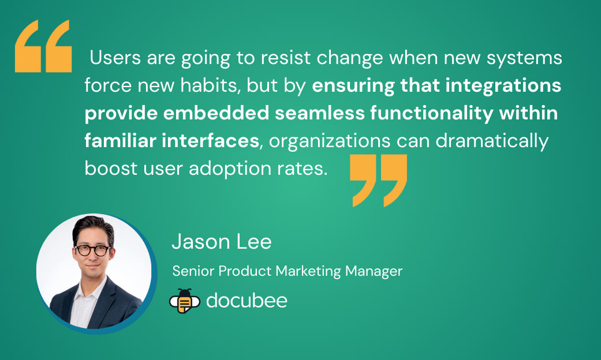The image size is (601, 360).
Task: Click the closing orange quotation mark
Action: pyautogui.click(x=378, y=179)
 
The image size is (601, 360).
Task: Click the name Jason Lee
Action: pyautogui.click(x=221, y=242)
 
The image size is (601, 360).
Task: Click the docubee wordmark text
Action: pyautogui.click(x=247, y=301)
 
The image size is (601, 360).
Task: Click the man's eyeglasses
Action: pyautogui.click(x=92, y=250)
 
